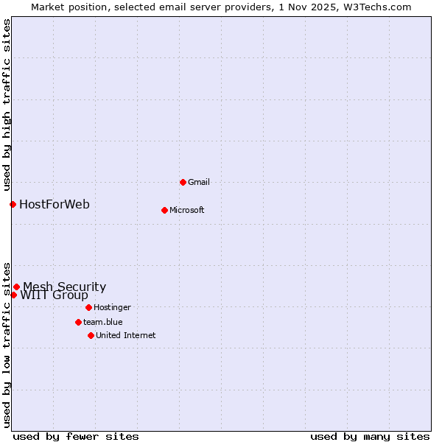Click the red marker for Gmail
[183, 182]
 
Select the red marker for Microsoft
[164, 210]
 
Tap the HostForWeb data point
[13, 204]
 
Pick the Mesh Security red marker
[16, 287]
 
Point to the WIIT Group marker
[13, 295]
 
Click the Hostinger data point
[88, 307]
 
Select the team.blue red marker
[78, 322]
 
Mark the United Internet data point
[91, 335]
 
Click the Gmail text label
[199, 182]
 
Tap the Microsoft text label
[186, 210]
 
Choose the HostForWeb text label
[55, 204]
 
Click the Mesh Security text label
[64, 287]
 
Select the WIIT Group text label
[54, 295]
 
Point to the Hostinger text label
[112, 307]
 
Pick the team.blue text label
[102, 322]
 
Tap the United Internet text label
[125, 335]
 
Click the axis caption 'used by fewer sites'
[76, 436]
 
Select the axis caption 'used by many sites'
[370, 436]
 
